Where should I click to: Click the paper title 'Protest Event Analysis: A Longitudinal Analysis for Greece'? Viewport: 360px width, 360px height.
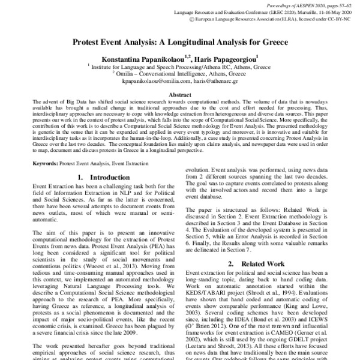pos(180,43)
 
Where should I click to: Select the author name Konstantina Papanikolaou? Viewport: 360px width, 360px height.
pos(139,58)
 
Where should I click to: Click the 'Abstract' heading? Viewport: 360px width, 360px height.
pos(180,95)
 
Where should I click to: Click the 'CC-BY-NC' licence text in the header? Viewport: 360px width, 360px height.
pos(343,19)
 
